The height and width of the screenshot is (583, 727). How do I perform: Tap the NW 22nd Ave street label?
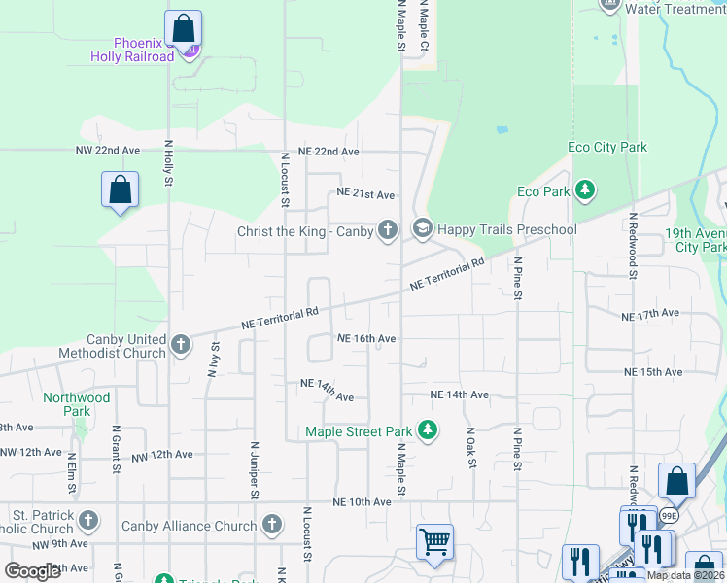[x=108, y=152]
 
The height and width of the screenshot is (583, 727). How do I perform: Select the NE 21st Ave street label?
[x=365, y=194]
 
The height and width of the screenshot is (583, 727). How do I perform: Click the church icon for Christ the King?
[x=388, y=230]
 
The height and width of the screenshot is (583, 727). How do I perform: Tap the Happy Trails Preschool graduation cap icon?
[x=422, y=230]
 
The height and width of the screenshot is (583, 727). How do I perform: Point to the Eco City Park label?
[x=606, y=148]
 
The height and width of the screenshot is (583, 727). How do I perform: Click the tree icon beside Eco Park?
[x=585, y=191]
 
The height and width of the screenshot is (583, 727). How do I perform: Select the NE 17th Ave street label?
[x=650, y=315]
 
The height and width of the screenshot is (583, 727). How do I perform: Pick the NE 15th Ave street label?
[x=654, y=372]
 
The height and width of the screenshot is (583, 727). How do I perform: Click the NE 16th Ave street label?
[x=366, y=338]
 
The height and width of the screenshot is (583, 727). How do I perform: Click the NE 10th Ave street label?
[x=362, y=501]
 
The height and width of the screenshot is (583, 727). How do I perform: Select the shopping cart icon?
[x=433, y=540]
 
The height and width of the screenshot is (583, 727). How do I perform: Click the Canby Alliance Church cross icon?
[x=272, y=526]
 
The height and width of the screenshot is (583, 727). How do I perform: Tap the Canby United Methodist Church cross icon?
[x=180, y=344]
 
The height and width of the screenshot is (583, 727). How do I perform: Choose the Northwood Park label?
[x=77, y=404]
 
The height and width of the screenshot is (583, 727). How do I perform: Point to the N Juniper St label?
[x=255, y=473]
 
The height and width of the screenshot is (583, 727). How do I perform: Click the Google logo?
[x=32, y=570]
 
